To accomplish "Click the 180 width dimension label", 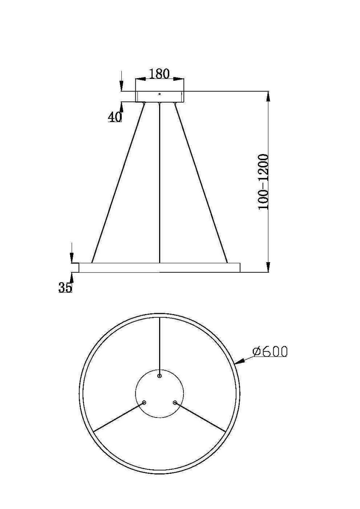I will coord(159,73).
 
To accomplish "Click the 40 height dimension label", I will coord(115,117).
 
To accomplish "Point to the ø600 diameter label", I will coord(270,351).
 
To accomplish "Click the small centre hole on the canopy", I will coord(159,94).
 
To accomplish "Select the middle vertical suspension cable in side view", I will coord(159,180).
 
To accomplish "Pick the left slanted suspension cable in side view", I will coord(118,182).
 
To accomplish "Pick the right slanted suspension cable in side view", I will coord(201,182).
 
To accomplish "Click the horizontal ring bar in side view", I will coord(159,267).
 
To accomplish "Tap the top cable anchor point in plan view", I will coord(159,376).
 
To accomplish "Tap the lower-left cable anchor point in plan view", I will coord(144,403).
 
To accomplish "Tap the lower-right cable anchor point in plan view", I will coord(175,403).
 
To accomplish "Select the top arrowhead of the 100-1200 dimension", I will coord(269,96).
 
